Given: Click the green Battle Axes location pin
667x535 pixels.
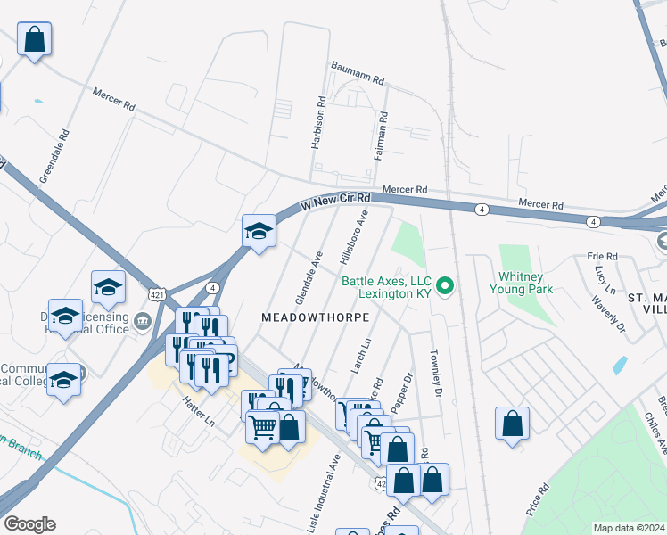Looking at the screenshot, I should tap(448, 286).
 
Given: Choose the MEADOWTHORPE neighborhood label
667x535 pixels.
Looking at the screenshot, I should tap(315, 317).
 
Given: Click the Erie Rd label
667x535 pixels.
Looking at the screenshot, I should tap(602, 256).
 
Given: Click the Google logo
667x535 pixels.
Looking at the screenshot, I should tap(29, 524).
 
